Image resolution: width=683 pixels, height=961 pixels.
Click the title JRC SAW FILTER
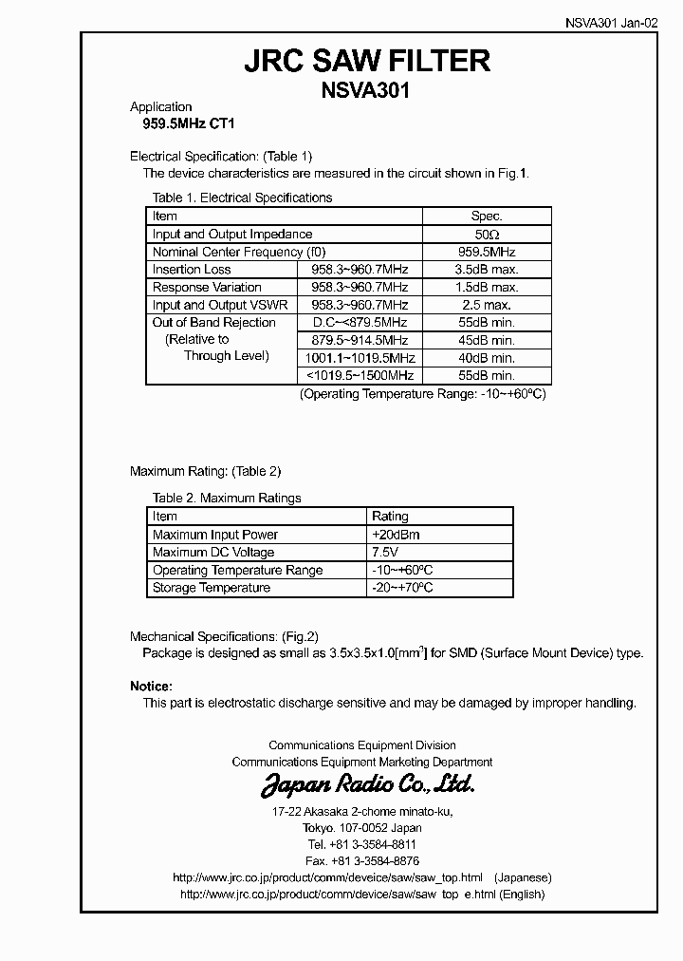[x=367, y=62]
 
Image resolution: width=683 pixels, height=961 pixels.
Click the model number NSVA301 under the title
[x=367, y=92]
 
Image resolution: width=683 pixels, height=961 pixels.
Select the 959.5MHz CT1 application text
[x=182, y=123]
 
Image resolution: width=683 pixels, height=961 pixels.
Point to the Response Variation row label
[x=207, y=288]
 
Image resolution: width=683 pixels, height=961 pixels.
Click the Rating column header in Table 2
[x=390, y=517]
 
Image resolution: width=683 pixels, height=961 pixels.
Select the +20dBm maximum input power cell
[x=397, y=535]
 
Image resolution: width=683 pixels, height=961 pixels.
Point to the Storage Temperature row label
[x=212, y=588]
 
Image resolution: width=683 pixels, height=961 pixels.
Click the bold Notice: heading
[x=151, y=686]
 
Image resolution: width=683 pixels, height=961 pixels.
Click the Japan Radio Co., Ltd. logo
[x=367, y=785]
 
